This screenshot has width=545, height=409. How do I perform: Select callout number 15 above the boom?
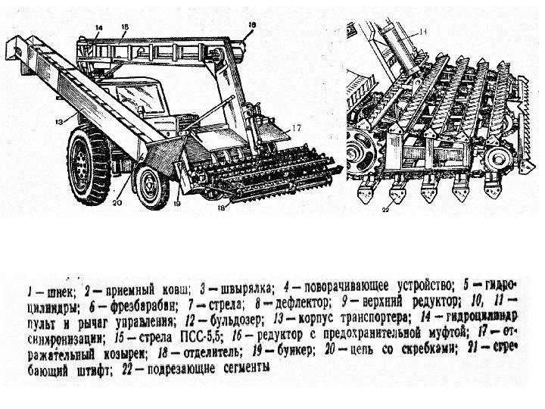pos(125,28)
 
